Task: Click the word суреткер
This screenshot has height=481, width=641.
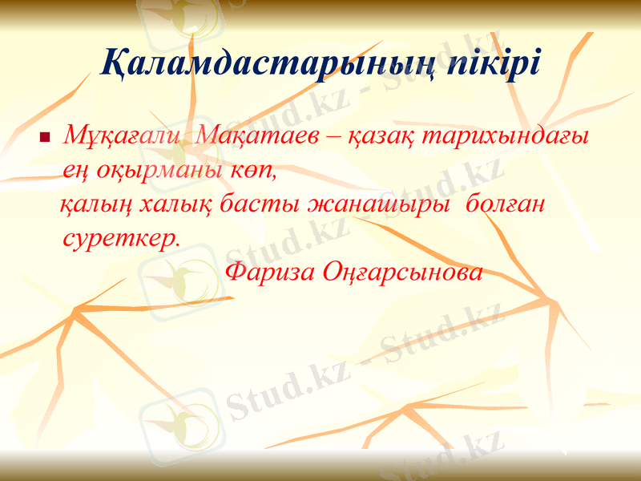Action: (x=120, y=239)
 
